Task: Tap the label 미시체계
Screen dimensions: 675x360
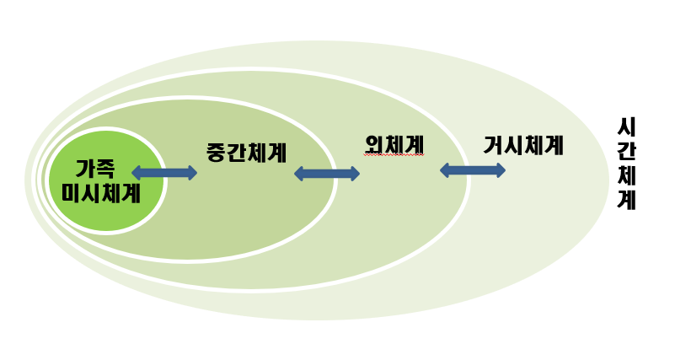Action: (101, 193)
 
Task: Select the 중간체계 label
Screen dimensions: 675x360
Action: (246, 153)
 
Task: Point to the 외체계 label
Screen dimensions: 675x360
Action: (394, 145)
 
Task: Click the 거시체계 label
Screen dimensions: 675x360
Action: (523, 145)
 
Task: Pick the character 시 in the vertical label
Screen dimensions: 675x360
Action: (626, 127)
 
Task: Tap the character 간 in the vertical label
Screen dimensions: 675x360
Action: (626, 152)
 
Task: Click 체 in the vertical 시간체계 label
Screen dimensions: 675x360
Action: (626, 176)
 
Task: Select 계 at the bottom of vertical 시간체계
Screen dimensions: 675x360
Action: (626, 201)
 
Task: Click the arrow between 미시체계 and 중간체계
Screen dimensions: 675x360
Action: (164, 173)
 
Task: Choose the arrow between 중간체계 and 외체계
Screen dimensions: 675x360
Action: (327, 174)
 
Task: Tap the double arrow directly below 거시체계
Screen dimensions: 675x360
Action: (473, 170)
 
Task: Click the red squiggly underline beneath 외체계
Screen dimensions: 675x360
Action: (394, 156)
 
